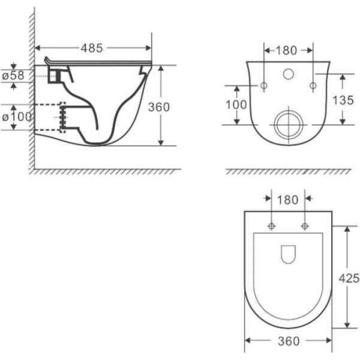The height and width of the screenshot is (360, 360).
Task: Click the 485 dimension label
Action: [x=91, y=48]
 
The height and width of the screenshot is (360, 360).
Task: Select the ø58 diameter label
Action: [x=14, y=76]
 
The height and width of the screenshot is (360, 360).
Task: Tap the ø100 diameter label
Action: [x=17, y=117]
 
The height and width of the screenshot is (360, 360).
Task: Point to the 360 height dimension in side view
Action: [x=159, y=107]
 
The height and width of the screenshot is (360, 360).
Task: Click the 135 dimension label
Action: [x=343, y=100]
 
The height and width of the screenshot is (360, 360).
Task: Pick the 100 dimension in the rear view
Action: [x=236, y=104]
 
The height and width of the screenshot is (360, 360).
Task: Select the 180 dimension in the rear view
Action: [x=287, y=50]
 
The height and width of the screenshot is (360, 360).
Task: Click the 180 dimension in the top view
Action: [x=287, y=199]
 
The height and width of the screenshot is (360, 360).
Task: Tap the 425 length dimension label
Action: [x=349, y=279]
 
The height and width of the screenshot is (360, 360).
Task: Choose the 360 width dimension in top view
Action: [x=289, y=341]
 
